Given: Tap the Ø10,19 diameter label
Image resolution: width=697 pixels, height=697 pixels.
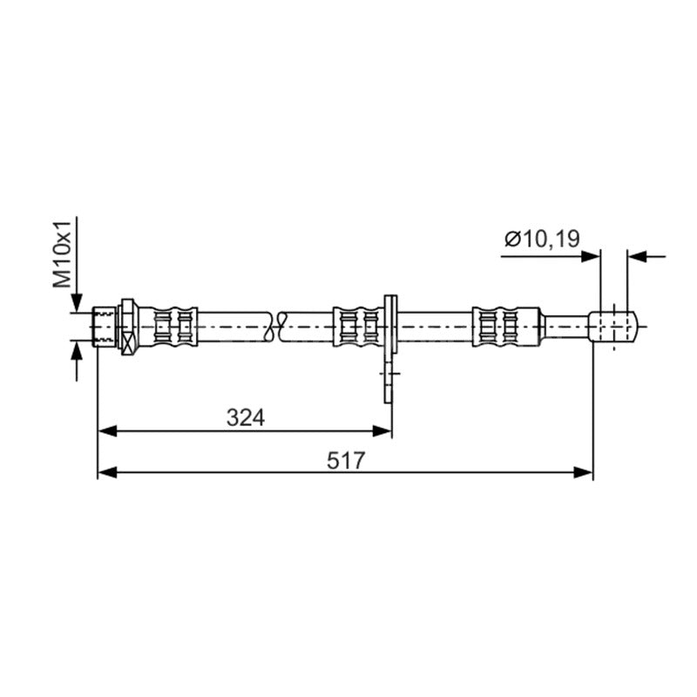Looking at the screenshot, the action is click(x=542, y=239).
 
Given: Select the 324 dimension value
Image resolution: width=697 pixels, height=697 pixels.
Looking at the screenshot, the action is click(x=246, y=417).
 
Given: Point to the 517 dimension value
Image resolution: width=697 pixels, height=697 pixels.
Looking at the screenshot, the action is click(x=345, y=460).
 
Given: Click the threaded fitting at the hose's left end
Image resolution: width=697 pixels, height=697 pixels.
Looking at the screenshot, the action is click(x=105, y=328).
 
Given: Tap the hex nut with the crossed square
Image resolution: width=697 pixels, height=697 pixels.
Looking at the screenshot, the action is click(x=127, y=327).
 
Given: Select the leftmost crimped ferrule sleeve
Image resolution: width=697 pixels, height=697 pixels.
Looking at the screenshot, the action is click(x=168, y=327).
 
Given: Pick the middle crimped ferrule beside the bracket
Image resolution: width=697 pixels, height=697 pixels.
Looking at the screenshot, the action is click(x=358, y=327).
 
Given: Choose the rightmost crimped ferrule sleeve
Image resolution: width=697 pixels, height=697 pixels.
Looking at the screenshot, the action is click(x=506, y=327).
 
